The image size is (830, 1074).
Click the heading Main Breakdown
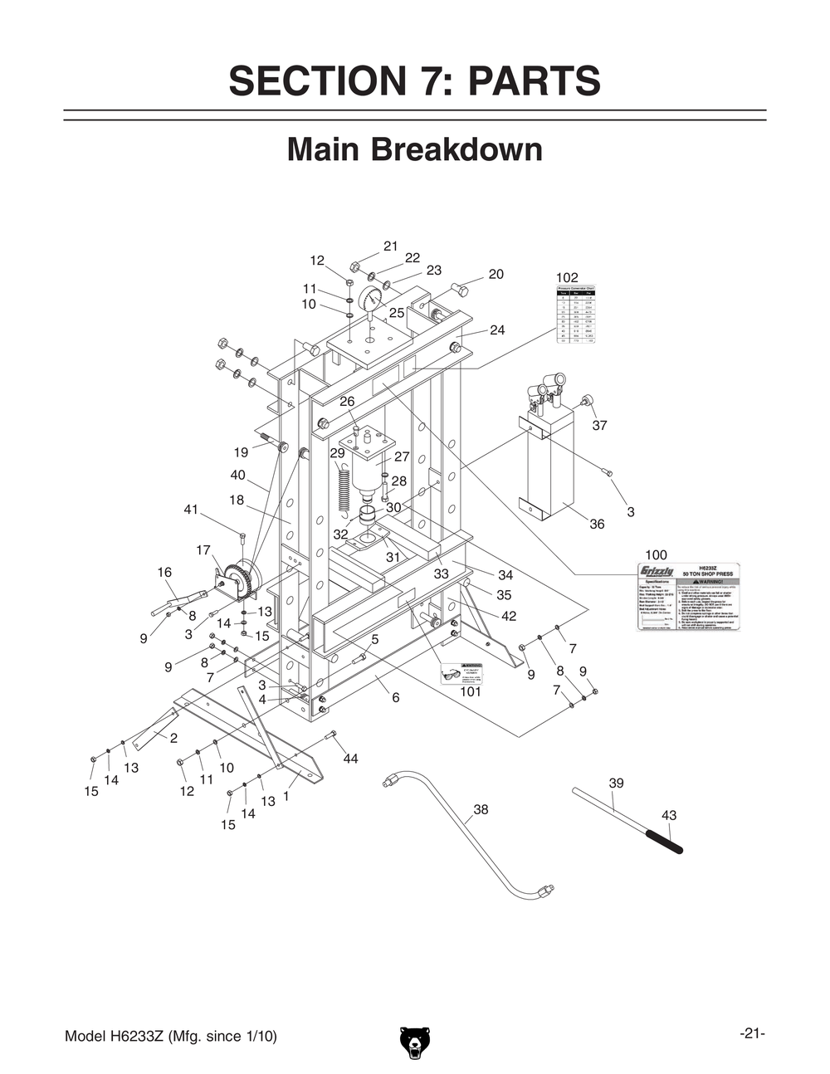414,150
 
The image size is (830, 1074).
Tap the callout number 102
567,277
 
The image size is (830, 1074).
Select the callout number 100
656,554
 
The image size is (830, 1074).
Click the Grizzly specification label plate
688,597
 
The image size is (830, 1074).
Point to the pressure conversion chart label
576,315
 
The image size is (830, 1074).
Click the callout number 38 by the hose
481,809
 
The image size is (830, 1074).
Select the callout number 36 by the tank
597,524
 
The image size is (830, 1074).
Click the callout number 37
599,425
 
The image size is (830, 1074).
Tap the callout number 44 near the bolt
350,759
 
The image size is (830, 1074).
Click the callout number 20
496,274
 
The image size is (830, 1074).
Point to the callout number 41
191,509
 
